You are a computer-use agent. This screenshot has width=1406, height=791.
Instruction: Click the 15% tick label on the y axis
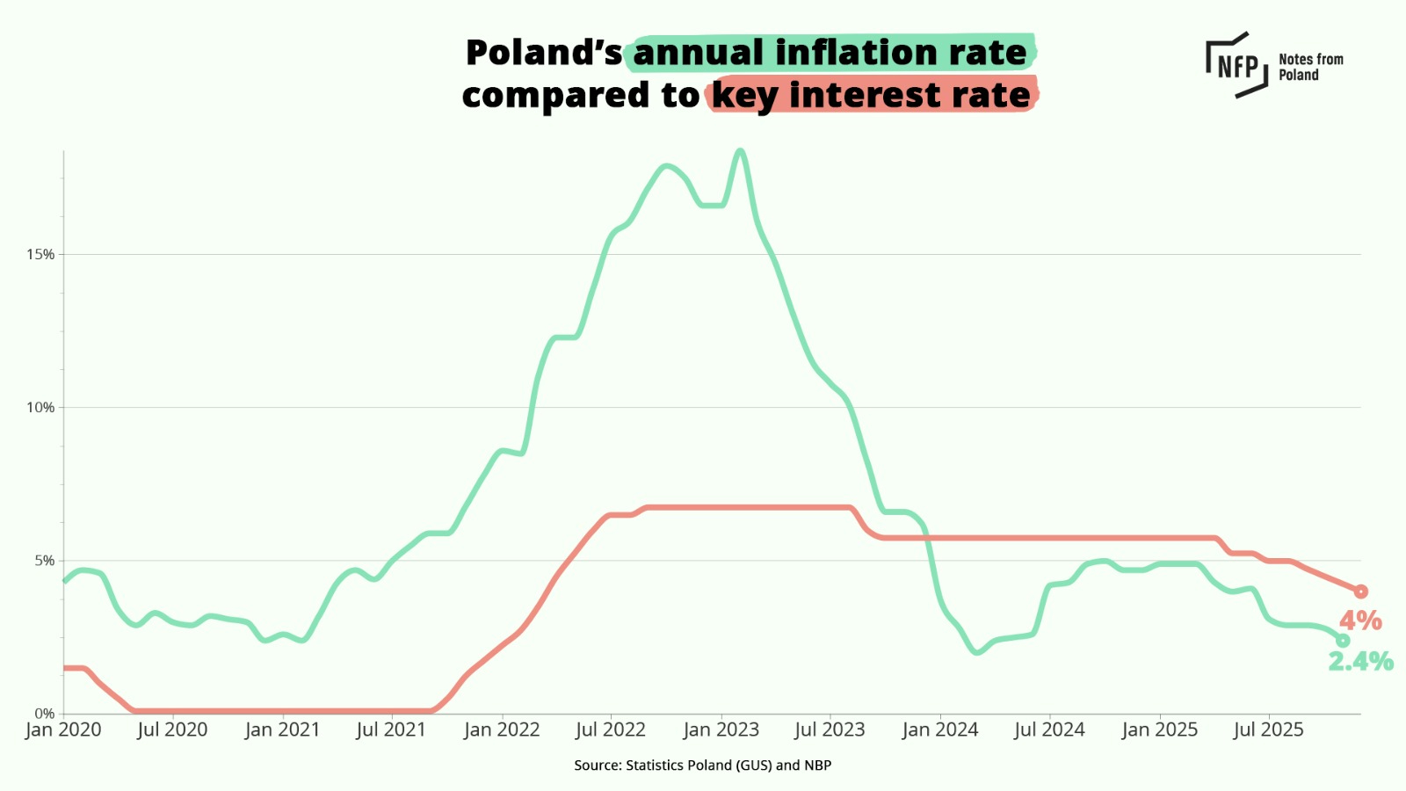[x=40, y=255]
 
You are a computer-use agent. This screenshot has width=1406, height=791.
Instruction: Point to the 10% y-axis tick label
[x=40, y=408]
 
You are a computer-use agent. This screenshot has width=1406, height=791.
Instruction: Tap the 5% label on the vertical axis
[x=44, y=561]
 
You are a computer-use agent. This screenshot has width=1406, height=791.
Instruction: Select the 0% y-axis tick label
[x=44, y=714]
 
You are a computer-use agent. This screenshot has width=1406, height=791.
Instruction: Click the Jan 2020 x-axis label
[x=63, y=730]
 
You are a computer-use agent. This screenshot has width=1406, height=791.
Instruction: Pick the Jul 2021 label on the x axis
[x=391, y=730]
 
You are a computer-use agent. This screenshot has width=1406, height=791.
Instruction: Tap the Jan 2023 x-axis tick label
[x=721, y=730]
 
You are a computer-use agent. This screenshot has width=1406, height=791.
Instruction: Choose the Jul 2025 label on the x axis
[x=1268, y=730]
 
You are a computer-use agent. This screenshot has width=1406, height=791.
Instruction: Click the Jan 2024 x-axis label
[x=939, y=730]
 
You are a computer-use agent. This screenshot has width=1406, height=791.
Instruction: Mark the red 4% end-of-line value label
[x=1360, y=620]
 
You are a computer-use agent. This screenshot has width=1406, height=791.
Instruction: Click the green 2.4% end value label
[x=1360, y=661]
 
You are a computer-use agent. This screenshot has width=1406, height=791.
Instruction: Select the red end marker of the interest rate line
[x=1360, y=591]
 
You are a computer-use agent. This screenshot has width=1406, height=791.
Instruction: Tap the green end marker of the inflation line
[x=1343, y=641]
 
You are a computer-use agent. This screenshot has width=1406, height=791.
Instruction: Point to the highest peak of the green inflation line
[x=741, y=151]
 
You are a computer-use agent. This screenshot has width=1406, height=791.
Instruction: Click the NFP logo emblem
[x=1236, y=65]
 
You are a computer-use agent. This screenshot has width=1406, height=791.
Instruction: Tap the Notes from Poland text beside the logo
[x=1310, y=67]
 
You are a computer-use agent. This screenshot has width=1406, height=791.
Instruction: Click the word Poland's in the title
[x=544, y=53]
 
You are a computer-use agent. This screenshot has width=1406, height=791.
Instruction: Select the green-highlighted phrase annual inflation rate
[x=830, y=53]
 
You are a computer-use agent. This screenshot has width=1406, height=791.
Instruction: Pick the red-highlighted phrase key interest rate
[x=871, y=95]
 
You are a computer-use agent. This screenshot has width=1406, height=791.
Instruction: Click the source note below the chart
[x=702, y=766]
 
